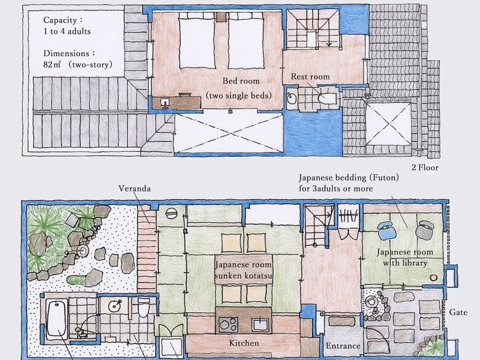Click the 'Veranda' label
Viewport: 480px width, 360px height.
(x=135, y=188)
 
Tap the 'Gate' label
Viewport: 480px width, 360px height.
(x=458, y=312)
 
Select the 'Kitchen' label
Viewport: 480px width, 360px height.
(x=244, y=343)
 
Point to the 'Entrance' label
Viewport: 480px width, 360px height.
(x=343, y=346)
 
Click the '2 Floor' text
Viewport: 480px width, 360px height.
(x=425, y=167)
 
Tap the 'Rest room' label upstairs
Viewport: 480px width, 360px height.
(x=310, y=76)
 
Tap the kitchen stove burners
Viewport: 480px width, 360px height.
(x=228, y=324)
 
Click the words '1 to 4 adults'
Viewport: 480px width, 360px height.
(x=67, y=31)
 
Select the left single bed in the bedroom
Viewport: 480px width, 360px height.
(x=196, y=43)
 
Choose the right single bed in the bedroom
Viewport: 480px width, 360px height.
(x=246, y=43)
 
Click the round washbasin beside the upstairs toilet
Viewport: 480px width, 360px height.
(x=292, y=98)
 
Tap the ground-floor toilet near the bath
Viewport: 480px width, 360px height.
(x=143, y=307)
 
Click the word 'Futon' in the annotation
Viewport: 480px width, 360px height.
(x=383, y=178)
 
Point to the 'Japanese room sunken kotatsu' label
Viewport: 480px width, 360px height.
(x=243, y=270)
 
